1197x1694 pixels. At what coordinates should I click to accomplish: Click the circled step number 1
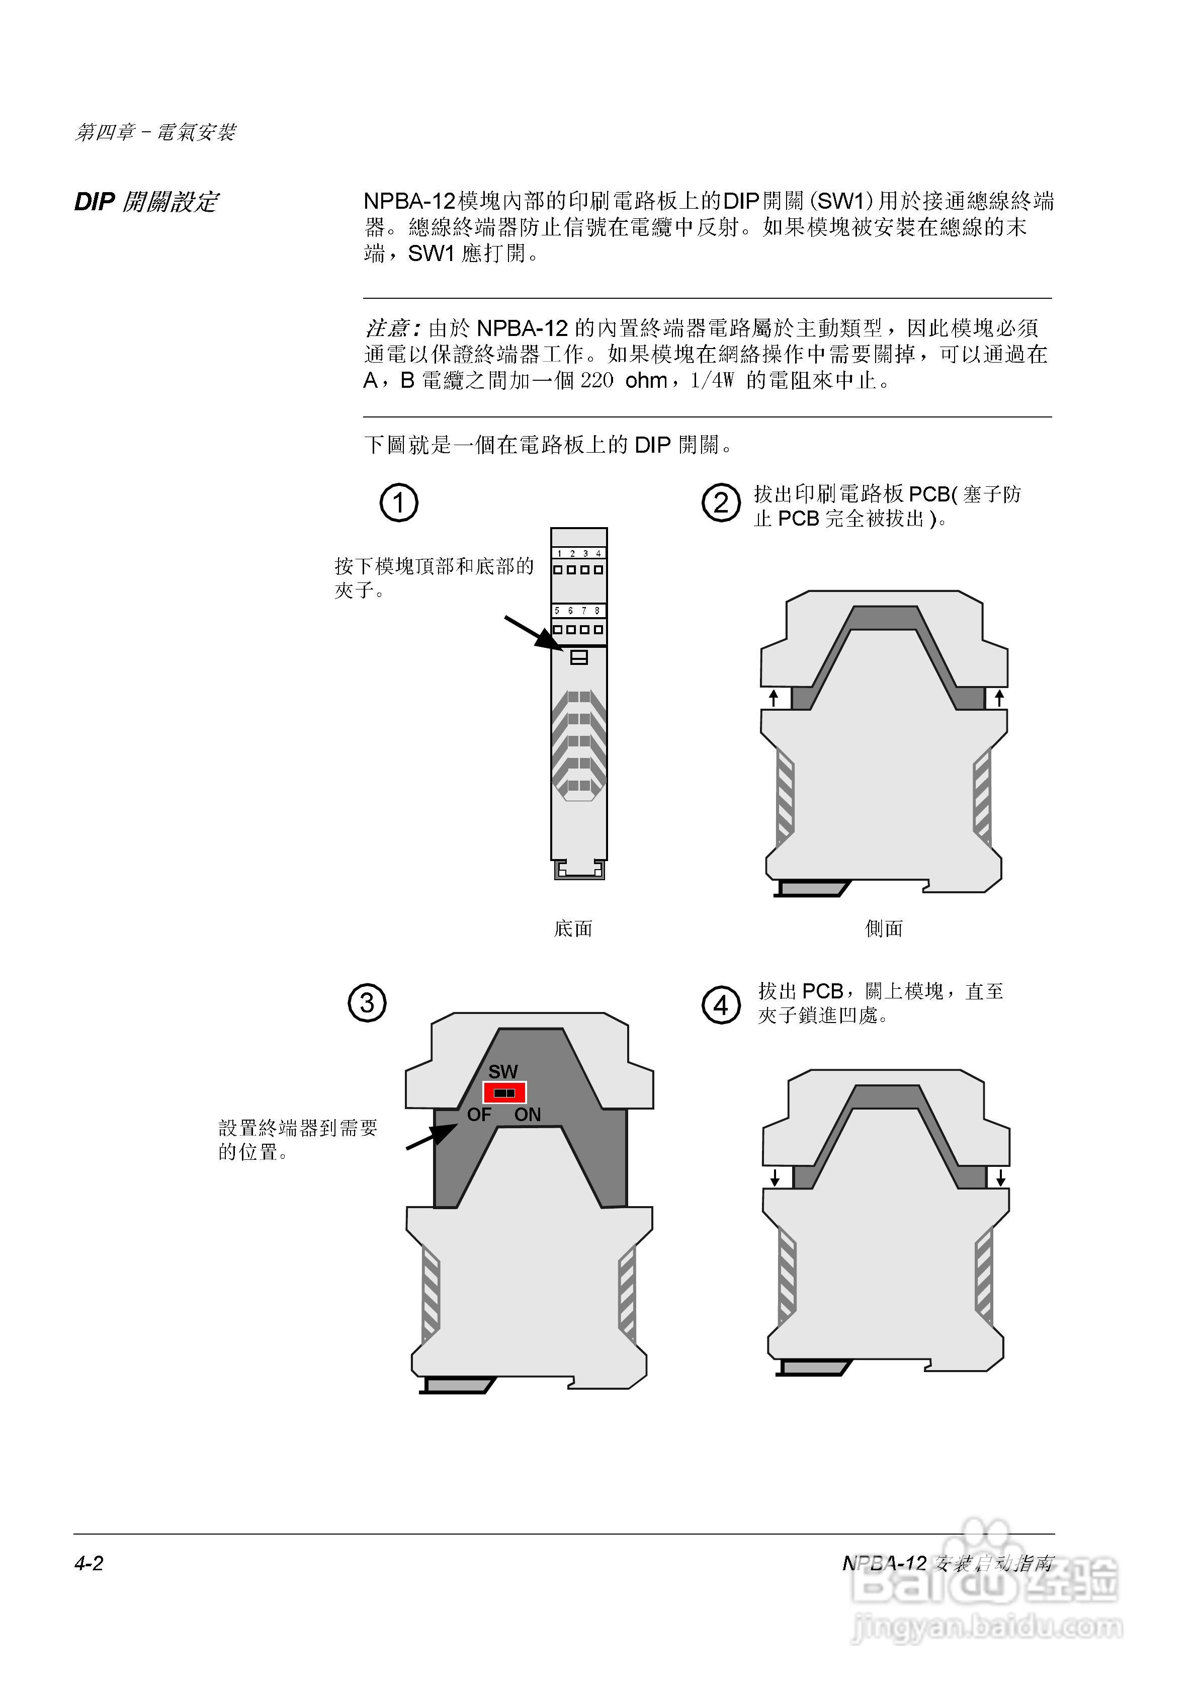[398, 503]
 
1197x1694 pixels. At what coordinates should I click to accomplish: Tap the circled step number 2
[720, 503]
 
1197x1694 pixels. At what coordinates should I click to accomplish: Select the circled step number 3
[367, 1003]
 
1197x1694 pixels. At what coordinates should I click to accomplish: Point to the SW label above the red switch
[503, 1071]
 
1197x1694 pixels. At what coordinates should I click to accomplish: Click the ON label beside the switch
[528, 1115]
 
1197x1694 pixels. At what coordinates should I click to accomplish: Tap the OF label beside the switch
[479, 1115]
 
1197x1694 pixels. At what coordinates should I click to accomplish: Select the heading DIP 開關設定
[146, 201]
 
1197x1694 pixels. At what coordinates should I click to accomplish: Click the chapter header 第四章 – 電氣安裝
[155, 133]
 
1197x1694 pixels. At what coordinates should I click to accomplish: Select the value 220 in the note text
[596, 381]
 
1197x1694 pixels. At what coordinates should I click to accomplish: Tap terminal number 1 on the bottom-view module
[559, 553]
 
